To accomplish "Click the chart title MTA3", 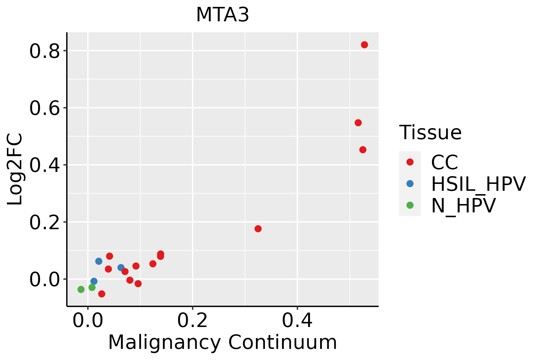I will point(222,15).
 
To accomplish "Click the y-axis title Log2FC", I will point(15,169).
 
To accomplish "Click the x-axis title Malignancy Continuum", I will point(222,342).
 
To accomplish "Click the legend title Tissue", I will point(430,132).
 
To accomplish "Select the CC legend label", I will point(444,162).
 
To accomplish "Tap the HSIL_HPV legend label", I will point(478,184).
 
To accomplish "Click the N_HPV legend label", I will point(463,205).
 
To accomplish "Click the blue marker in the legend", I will point(410,184).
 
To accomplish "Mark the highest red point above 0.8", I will point(364,45).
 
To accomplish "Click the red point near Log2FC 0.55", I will point(358,123).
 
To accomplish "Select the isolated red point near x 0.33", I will point(258,229).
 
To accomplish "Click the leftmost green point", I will point(81,289).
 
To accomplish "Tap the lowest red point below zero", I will point(102,294).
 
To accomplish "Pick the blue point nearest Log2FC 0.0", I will point(94,281).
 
